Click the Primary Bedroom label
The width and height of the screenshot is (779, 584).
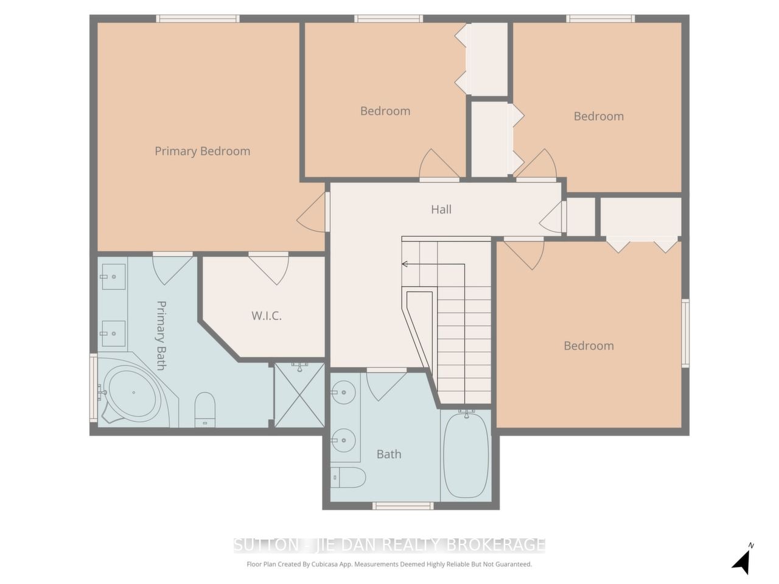coord(202,151)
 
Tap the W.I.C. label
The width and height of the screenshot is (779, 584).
coord(266,316)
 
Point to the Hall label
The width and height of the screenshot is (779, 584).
coord(441,209)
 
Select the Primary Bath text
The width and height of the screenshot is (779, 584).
coord(161,335)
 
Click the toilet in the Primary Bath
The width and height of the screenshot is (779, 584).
coord(205,409)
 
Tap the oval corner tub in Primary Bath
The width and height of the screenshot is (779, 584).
coord(133,393)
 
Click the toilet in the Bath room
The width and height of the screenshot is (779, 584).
coord(348,478)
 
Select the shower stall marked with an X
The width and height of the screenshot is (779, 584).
coord(299,395)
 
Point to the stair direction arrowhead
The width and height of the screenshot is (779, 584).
coord(404,264)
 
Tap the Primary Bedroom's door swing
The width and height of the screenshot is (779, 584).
coord(311,212)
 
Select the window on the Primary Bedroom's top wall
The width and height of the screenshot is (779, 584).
coord(198,18)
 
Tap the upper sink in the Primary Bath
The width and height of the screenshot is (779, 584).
coord(113,277)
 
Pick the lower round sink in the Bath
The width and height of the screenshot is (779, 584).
coord(343,440)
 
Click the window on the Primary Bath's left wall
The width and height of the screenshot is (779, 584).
coord(93,388)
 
